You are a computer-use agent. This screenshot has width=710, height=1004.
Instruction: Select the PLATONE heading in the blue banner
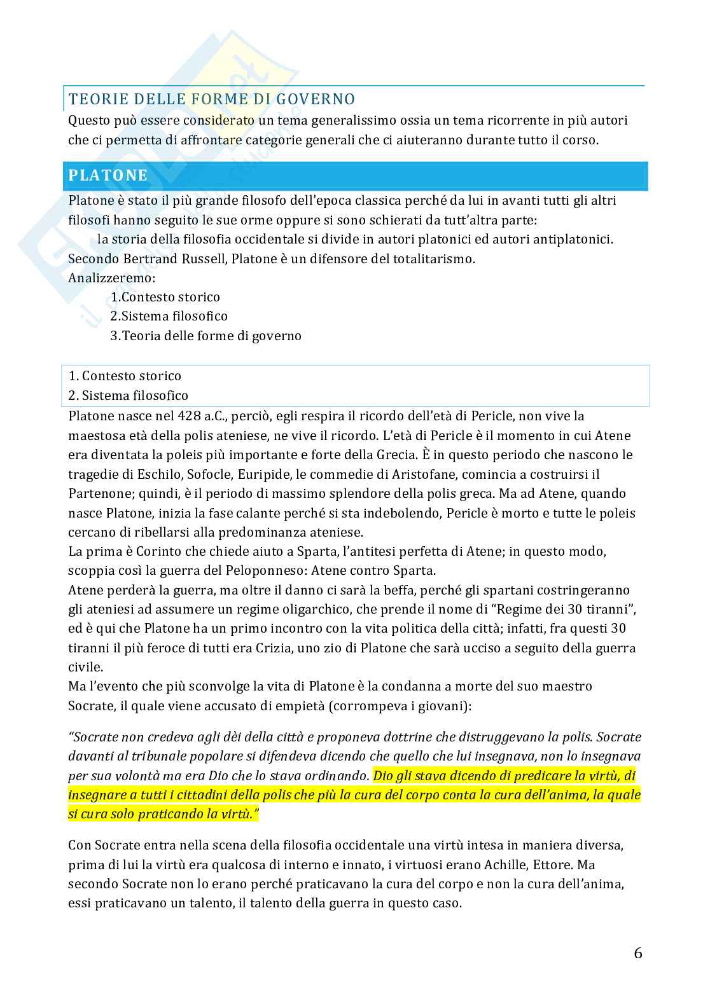(108, 175)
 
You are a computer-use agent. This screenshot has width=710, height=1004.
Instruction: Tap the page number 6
(638, 953)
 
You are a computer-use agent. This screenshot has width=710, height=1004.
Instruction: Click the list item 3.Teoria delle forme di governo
(205, 336)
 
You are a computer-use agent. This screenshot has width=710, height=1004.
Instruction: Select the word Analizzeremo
(111, 278)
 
